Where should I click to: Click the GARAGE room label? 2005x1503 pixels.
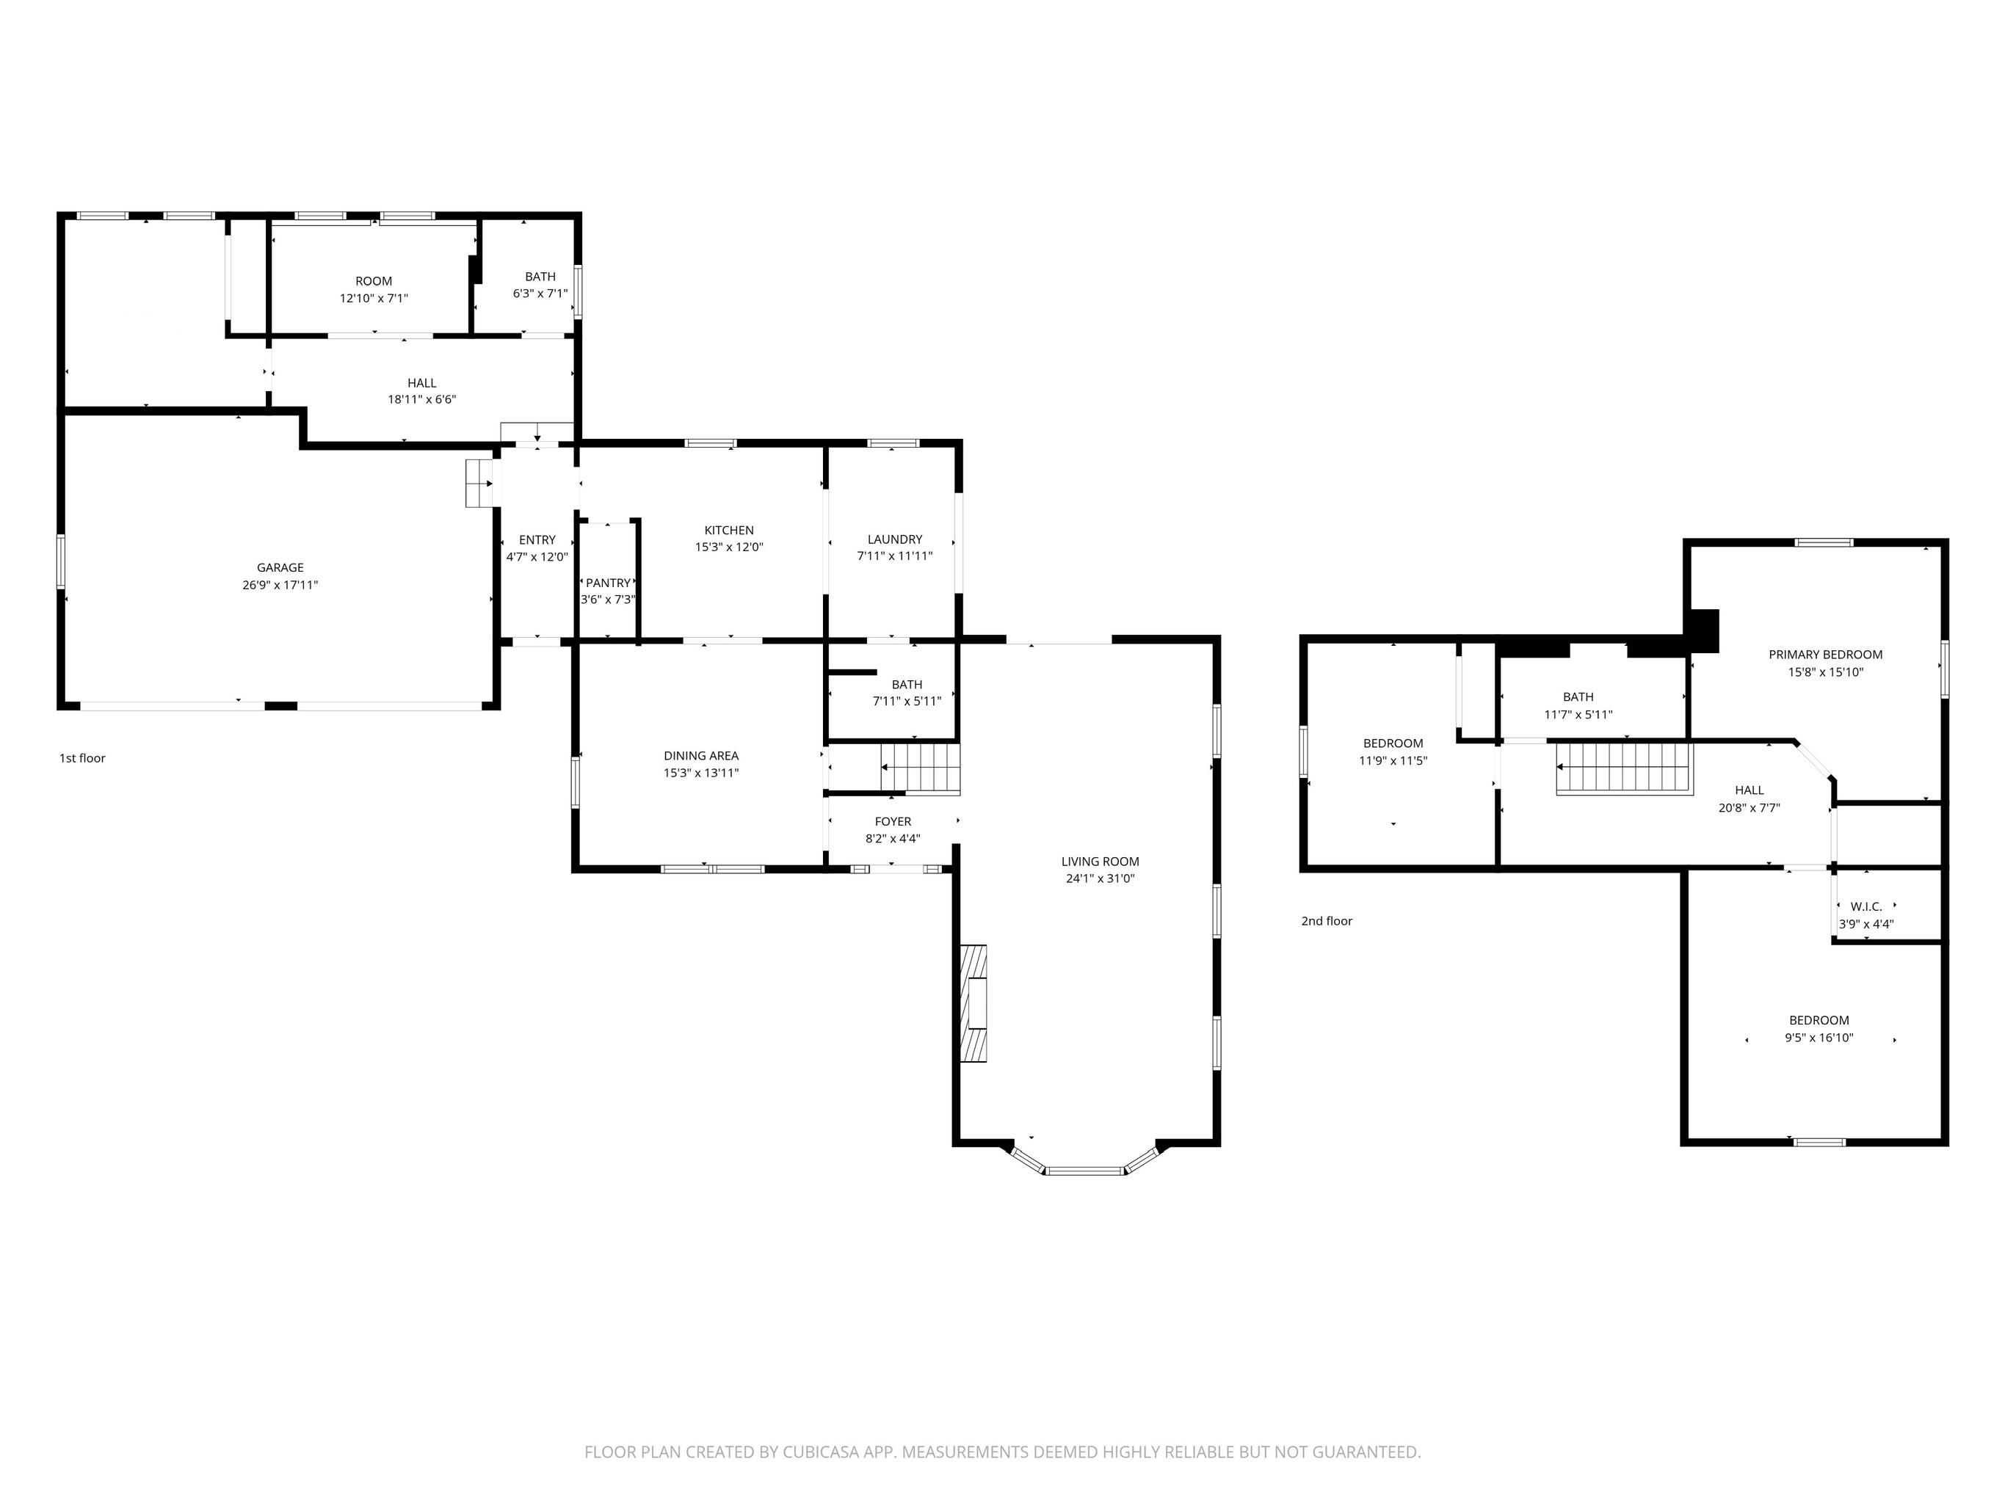(x=280, y=568)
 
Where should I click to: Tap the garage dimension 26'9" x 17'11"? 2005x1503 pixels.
(x=280, y=585)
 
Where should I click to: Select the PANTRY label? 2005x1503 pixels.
(x=607, y=583)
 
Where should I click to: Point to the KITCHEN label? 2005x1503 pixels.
(x=729, y=530)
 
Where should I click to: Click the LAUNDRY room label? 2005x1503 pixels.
(x=895, y=539)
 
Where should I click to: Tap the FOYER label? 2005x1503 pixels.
(x=893, y=822)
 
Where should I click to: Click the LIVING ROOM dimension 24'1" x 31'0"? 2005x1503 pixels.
(x=1100, y=878)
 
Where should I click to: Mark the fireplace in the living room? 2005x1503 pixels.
(x=974, y=1003)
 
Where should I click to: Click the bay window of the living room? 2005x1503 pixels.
(x=1085, y=1171)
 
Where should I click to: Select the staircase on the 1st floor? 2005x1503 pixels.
(x=921, y=768)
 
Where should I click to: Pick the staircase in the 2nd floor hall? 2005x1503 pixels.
(x=1624, y=768)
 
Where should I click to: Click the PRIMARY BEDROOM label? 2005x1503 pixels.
(x=1826, y=654)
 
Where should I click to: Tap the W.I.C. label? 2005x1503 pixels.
(x=1866, y=906)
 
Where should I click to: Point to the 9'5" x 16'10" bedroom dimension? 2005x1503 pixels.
(x=1819, y=1038)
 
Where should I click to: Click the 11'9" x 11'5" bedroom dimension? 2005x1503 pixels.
(x=1393, y=761)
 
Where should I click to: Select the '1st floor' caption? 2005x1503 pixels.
(x=82, y=758)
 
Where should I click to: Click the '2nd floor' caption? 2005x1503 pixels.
(x=1326, y=921)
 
